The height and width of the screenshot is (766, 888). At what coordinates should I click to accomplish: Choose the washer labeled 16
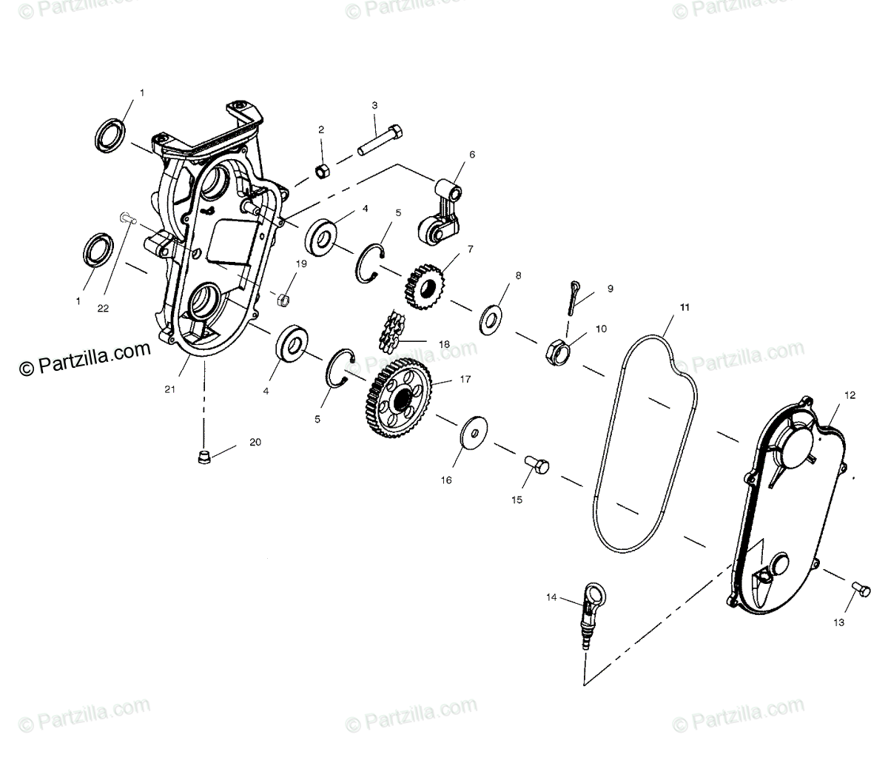(x=469, y=434)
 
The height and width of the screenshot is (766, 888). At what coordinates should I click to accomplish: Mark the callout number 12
(x=850, y=395)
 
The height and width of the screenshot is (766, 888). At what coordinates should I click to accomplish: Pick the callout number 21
(x=170, y=389)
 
